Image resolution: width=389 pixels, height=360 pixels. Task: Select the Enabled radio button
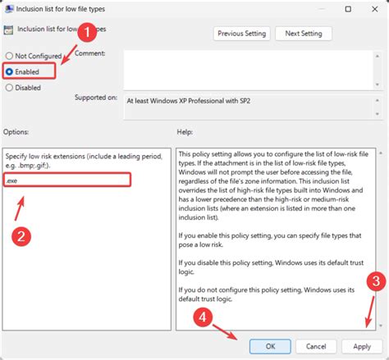(x=9, y=71)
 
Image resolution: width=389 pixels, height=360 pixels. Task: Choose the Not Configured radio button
(x=9, y=55)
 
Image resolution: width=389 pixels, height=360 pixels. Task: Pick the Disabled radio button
(x=9, y=88)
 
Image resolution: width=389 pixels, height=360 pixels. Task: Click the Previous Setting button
(x=241, y=34)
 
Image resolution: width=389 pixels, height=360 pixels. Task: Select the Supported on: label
(x=95, y=98)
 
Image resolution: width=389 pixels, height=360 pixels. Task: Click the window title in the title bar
(x=66, y=9)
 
